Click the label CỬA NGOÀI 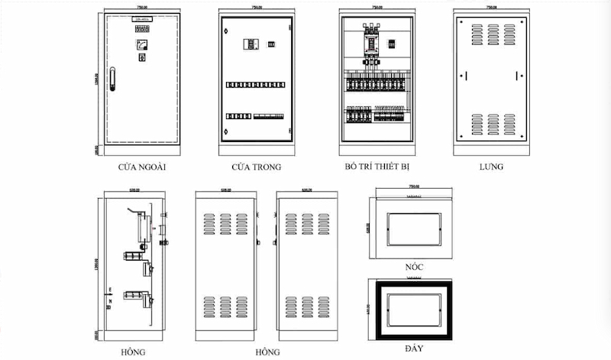click(142, 166)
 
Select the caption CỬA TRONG click(256, 166)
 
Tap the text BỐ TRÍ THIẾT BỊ click(377, 166)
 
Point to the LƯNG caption click(491, 166)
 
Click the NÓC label click(415, 266)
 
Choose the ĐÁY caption click(415, 347)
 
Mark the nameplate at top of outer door click(142, 20)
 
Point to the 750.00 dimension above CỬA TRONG click(257, 7)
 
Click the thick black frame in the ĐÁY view click(380, 310)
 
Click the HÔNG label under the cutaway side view click(133, 352)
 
